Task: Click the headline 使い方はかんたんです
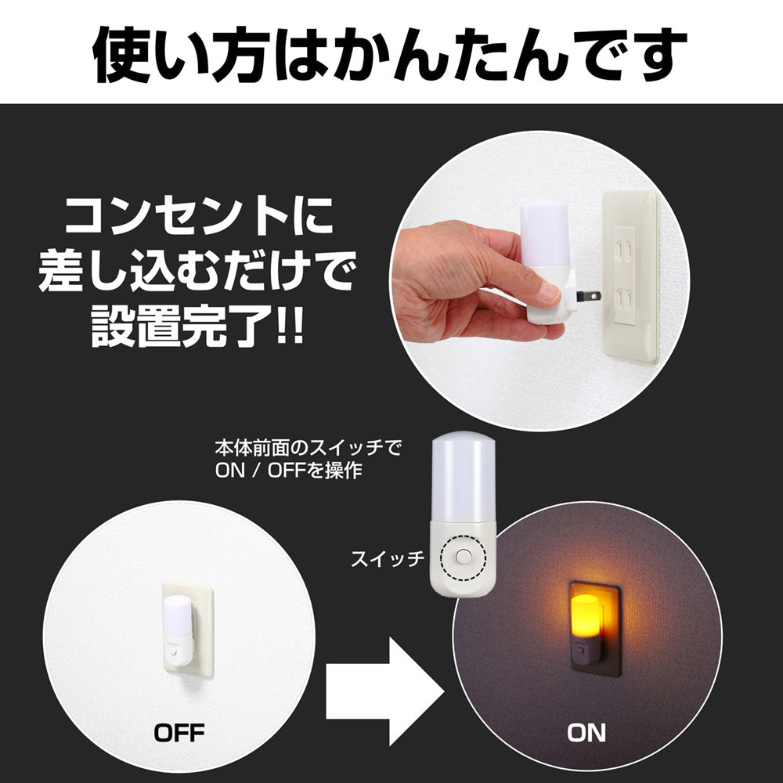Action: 390,54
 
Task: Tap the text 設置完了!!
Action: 197,327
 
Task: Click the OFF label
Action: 179,733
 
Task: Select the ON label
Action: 586,733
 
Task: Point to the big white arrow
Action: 384,691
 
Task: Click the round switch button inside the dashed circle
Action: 463,557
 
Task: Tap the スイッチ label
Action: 388,558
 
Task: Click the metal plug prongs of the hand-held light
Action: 588,296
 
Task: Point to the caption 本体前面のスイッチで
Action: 308,447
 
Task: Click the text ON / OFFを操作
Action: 289,471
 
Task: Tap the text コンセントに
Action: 199,216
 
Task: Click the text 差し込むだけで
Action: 197,272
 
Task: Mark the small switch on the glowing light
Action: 582,650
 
